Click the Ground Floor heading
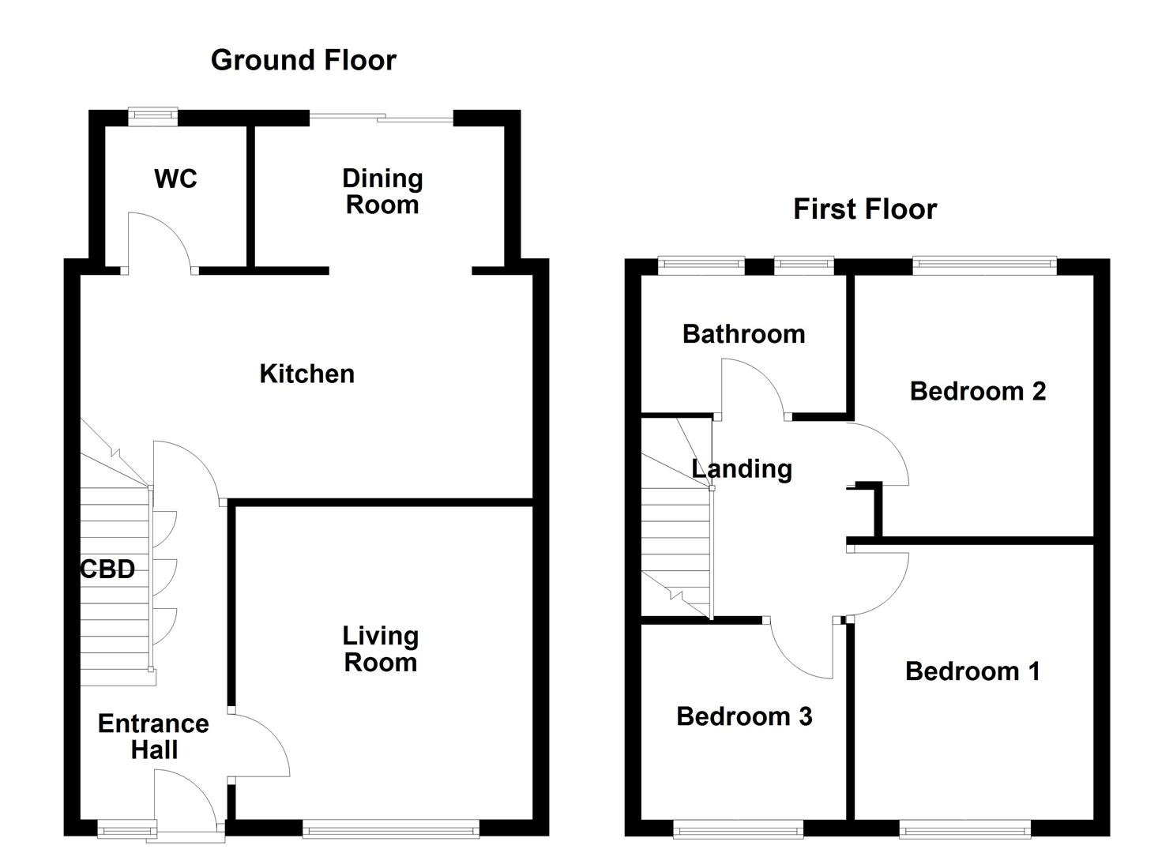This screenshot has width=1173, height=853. [303, 60]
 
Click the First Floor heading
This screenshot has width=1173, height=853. [865, 209]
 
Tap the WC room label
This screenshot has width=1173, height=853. [175, 178]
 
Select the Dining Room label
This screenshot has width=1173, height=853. [382, 191]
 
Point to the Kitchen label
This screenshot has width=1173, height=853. [306, 374]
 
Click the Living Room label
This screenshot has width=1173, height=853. [380, 648]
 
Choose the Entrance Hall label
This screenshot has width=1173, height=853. [153, 736]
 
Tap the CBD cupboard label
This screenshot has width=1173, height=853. [108, 569]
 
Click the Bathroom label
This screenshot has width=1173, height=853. [743, 334]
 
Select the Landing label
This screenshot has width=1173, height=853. [742, 468]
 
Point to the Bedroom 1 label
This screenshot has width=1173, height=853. [972, 671]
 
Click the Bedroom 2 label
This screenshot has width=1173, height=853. [978, 391]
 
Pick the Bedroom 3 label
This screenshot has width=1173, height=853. [744, 716]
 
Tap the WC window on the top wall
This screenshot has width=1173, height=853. [153, 116]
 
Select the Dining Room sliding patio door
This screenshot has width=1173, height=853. [382, 118]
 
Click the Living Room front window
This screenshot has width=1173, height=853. [391, 829]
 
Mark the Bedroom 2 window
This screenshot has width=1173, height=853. [984, 265]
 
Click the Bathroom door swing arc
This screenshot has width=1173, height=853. [762, 374]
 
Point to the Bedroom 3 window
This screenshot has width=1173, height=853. [738, 829]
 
